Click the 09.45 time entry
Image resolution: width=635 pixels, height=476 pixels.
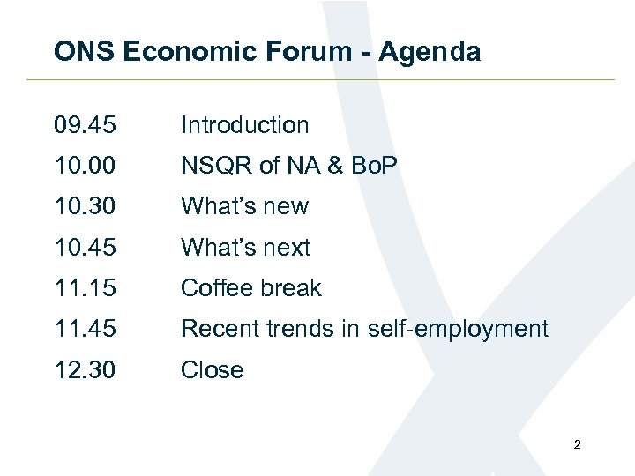coord(84,126)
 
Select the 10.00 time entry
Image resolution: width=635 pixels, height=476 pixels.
coord(84,167)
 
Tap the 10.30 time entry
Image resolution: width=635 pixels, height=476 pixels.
coord(84,207)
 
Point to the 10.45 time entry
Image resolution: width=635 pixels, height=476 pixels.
coord(84,248)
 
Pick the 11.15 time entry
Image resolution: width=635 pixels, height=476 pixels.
coord(84,289)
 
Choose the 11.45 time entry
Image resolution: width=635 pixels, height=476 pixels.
coord(84,330)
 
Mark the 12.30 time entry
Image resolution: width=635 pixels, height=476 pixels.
coord(84,370)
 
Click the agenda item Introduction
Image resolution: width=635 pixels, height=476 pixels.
coord(244,126)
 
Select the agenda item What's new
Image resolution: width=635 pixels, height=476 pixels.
coord(244,207)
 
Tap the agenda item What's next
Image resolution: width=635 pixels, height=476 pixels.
coord(245,248)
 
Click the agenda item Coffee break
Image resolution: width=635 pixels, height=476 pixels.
coord(250,289)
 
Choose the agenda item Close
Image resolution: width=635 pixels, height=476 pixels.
coord(212,370)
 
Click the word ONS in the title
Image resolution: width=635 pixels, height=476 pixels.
coord(85,52)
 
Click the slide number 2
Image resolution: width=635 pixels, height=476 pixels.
coord(577,445)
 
